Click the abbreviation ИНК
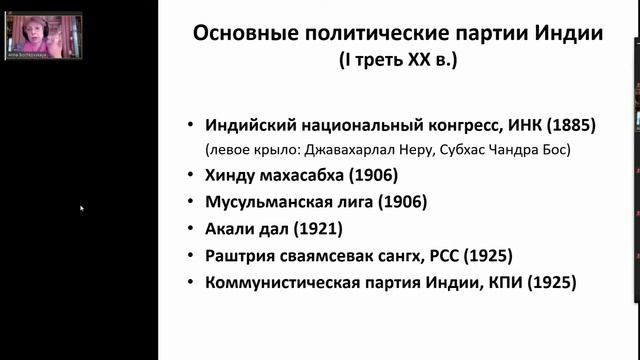516,126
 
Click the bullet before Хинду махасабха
191,176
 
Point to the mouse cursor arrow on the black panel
82,209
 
